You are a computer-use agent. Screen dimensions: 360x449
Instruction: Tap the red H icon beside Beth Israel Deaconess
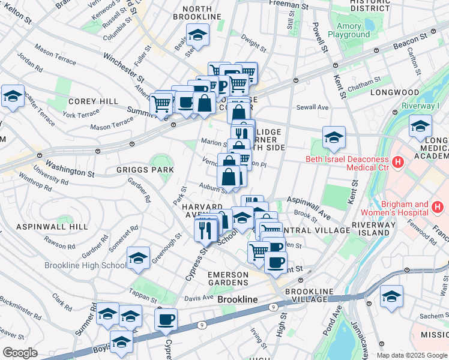[397, 161]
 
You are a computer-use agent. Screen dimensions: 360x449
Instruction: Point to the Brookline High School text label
[84, 265]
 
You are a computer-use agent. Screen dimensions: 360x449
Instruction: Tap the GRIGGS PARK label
[146, 170]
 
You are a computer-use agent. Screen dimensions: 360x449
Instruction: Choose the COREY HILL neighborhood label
[93, 101]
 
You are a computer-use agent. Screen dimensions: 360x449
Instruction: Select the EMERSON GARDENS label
[228, 278]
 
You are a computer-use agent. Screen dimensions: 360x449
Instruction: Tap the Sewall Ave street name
[312, 107]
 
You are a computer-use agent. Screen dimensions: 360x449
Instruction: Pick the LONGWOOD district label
[394, 92]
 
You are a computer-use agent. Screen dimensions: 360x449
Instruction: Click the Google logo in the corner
[20, 353]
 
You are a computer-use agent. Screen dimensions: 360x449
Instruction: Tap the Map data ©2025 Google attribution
[411, 355]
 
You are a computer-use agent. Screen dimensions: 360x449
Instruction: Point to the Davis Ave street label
[199, 298]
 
